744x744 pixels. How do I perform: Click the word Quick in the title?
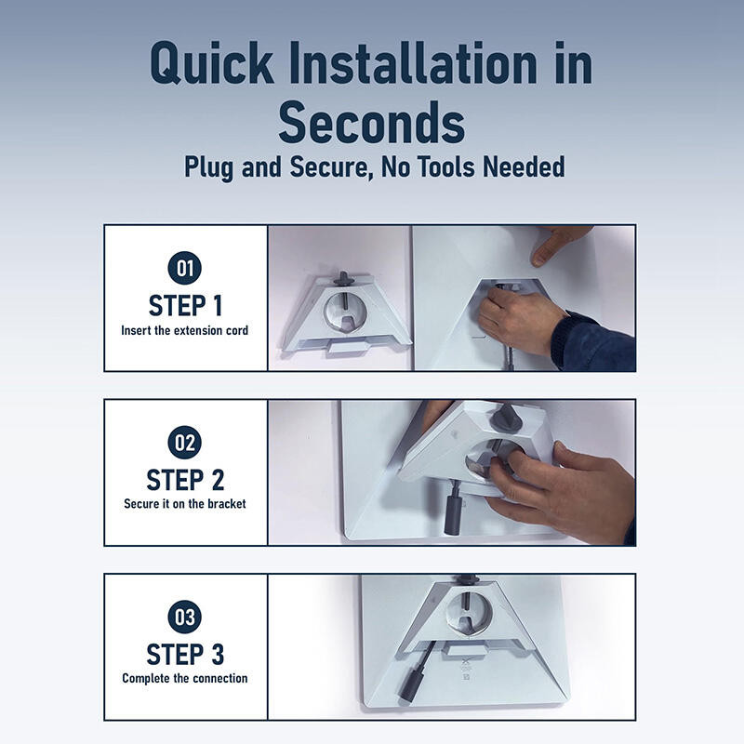(x=212, y=63)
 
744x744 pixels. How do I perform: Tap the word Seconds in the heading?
(x=371, y=123)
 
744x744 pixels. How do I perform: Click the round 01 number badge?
(x=184, y=268)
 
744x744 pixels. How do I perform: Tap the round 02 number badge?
(x=184, y=443)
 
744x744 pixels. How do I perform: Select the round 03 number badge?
(x=184, y=617)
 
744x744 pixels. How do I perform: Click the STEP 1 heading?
(x=185, y=306)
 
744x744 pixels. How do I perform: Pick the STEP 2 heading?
(x=185, y=480)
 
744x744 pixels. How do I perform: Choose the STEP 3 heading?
(x=185, y=655)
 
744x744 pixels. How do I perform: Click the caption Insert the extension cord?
(x=184, y=330)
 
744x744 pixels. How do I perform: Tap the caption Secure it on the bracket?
(x=185, y=504)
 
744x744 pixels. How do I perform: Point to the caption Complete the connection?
(x=184, y=679)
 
